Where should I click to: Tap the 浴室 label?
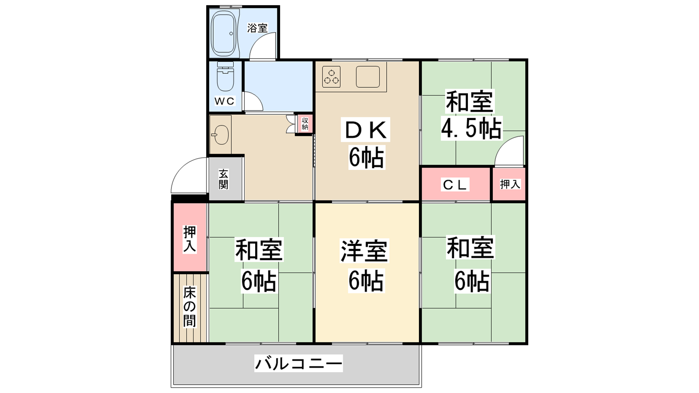coord(257,28)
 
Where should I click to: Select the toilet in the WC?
coord(225,76)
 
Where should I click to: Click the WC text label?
coord(225,101)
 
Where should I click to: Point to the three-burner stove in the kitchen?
coord(332,77)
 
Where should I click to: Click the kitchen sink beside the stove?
coord(368,77)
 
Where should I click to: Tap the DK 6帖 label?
coord(367,144)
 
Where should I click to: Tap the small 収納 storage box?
coord(305,124)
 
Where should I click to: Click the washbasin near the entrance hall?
coord(221,135)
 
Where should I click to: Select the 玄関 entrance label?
coord(223,179)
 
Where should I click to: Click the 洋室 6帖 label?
coord(365,265)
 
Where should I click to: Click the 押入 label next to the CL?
coord(510,184)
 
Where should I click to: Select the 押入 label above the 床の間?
coord(190,239)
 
